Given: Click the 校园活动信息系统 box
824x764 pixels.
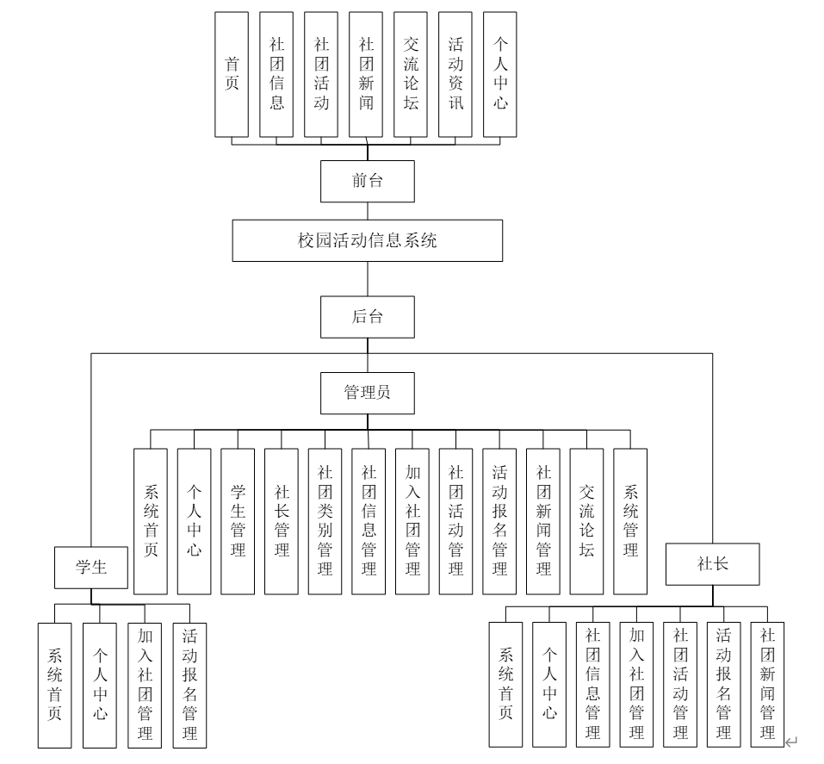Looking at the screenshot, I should pyautogui.click(x=367, y=240).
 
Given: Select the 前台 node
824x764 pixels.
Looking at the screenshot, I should pyautogui.click(x=367, y=181).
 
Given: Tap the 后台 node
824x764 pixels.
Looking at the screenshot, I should pyautogui.click(x=367, y=316).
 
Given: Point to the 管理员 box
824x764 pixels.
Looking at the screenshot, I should pyautogui.click(x=367, y=392).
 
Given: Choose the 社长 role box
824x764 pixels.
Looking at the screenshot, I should pyautogui.click(x=712, y=565).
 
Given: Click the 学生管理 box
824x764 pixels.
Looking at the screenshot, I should pyautogui.click(x=238, y=521).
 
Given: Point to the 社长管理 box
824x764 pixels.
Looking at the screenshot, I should pyautogui.click(x=282, y=521).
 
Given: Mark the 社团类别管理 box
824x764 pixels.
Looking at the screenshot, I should pyautogui.click(x=325, y=521).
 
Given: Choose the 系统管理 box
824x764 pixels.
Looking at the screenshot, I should pyautogui.click(x=630, y=521).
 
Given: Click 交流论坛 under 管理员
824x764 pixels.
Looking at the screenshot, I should pyautogui.click(x=586, y=521).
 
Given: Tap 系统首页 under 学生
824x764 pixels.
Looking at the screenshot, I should pyautogui.click(x=54, y=684).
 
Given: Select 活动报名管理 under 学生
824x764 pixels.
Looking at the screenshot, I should pyautogui.click(x=189, y=684).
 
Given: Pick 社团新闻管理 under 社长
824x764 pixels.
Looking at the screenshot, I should pyautogui.click(x=767, y=684).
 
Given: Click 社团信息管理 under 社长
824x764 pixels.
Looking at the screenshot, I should pyautogui.click(x=592, y=684).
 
